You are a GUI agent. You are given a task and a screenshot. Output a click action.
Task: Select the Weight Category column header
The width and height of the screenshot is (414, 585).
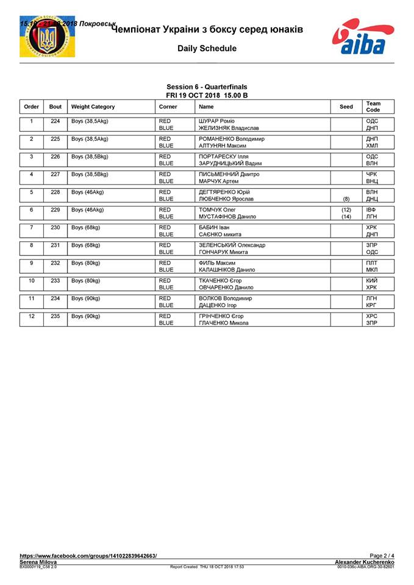tap(93, 107)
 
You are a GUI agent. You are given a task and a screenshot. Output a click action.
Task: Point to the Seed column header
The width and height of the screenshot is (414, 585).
tap(346, 107)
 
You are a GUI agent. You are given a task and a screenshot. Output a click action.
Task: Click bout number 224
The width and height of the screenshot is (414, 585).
tap(55, 121)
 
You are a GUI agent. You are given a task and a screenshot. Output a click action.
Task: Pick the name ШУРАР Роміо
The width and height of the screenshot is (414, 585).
tap(216, 121)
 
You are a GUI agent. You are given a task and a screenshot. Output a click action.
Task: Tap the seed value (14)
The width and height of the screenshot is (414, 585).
tap(346, 216)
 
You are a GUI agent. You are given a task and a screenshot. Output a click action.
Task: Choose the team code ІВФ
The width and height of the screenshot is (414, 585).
tap(372, 209)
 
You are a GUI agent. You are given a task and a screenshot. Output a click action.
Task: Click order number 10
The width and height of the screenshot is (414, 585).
tap(31, 280)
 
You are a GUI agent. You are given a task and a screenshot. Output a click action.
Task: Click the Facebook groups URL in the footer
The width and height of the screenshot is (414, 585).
tap(88, 556)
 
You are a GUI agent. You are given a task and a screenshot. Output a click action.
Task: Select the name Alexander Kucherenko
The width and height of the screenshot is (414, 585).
tap(365, 561)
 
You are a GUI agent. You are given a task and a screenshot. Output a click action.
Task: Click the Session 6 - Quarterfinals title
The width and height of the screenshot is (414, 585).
tap(207, 87)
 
